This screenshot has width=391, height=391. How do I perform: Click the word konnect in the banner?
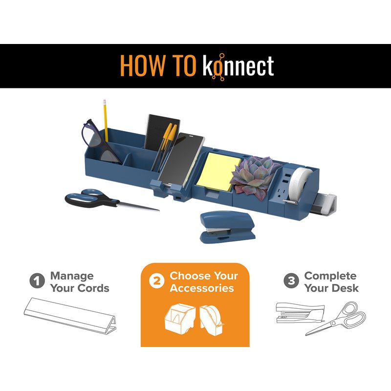point(238,66)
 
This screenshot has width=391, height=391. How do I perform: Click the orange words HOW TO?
point(158,66)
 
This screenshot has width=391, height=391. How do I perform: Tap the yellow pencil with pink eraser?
point(106,121)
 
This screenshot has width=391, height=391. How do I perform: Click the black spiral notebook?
point(162,132)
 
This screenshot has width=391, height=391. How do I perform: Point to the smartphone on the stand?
point(181,160)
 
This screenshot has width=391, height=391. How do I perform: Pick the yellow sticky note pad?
point(217,172)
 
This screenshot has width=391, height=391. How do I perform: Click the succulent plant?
point(256,176)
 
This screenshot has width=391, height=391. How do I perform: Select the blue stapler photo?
point(227,227)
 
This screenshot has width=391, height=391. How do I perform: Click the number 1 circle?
point(37,281)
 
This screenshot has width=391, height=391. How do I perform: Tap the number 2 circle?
point(156,281)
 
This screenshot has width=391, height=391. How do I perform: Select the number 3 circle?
point(291,281)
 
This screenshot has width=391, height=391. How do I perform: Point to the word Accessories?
point(202,288)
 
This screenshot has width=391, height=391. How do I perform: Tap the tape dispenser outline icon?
point(212,320)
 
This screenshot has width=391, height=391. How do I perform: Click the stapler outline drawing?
point(300,313)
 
